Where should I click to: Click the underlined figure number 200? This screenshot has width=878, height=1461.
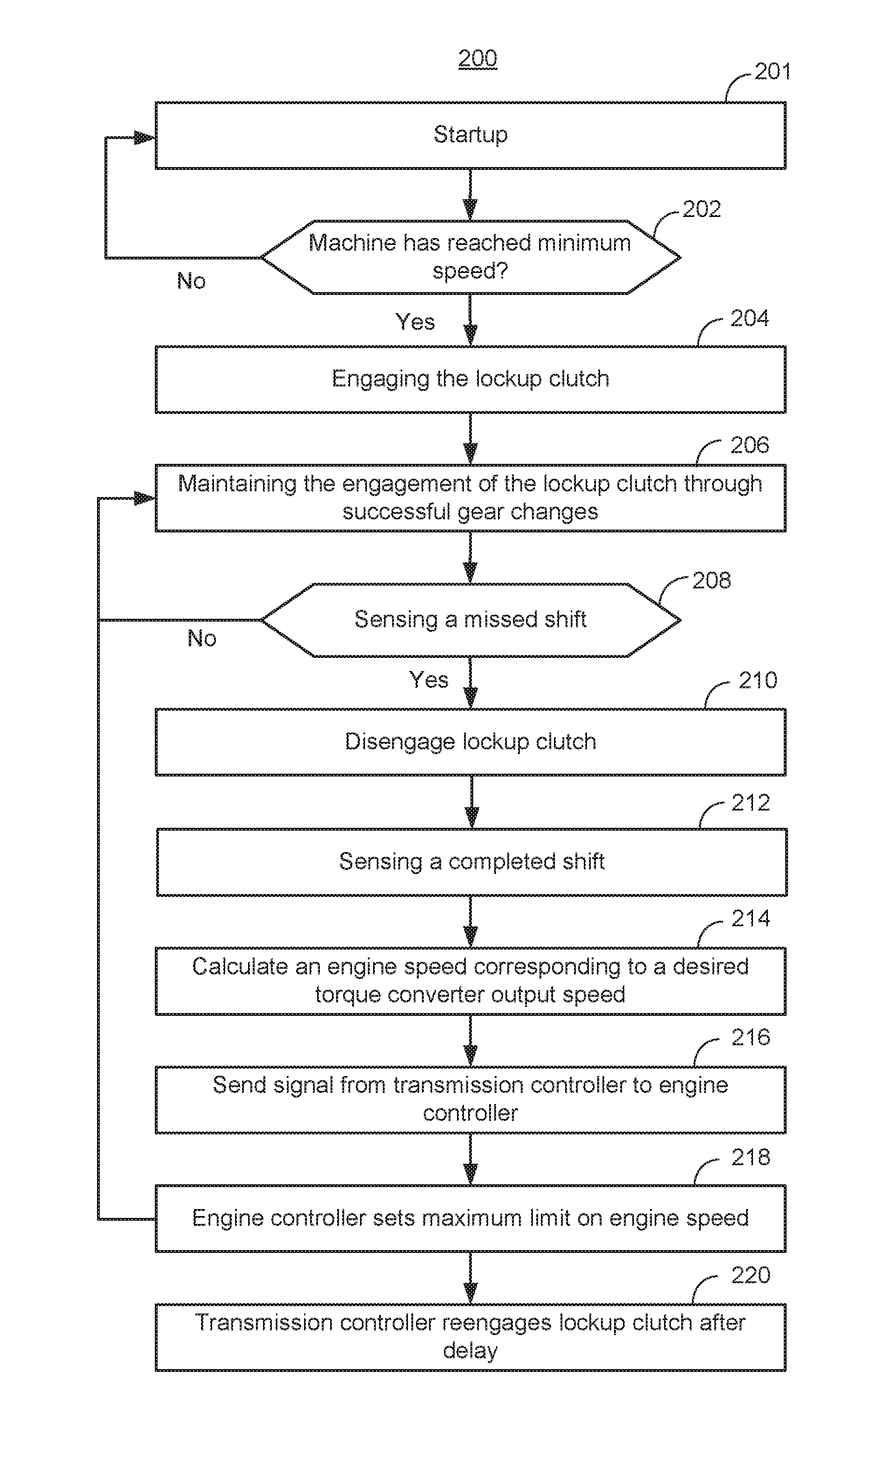pyautogui.click(x=477, y=58)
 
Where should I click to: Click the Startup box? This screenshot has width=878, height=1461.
pyautogui.click(x=470, y=136)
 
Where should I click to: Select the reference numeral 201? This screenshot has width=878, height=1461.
pyautogui.click(x=772, y=72)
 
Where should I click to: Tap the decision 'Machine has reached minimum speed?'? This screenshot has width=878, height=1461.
pyautogui.click(x=470, y=257)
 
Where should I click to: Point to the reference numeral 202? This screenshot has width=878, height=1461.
pyautogui.click(x=702, y=209)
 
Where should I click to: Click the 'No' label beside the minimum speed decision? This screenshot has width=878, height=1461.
pyautogui.click(x=191, y=280)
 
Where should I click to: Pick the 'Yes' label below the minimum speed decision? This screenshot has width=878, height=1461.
pyautogui.click(x=415, y=322)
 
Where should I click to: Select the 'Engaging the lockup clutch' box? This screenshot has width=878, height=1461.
pyautogui.click(x=470, y=379)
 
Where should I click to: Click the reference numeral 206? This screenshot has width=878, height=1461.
pyautogui.click(x=750, y=445)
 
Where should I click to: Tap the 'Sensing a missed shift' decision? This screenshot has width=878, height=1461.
pyautogui.click(x=470, y=620)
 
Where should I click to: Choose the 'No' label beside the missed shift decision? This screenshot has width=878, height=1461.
pyautogui.click(x=202, y=638)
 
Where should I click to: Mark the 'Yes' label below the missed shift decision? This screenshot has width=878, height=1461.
pyautogui.click(x=429, y=679)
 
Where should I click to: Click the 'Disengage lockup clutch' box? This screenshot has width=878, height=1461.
pyautogui.click(x=470, y=742)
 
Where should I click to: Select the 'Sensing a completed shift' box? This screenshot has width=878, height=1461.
pyautogui.click(x=471, y=862)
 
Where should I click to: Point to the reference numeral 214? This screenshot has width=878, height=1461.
pyautogui.click(x=751, y=919)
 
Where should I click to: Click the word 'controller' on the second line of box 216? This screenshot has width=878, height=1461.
pyautogui.click(x=470, y=1113)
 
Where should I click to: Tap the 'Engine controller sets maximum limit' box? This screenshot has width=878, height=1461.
pyautogui.click(x=470, y=1218)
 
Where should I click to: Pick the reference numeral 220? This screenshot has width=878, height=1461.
pyautogui.click(x=751, y=1275)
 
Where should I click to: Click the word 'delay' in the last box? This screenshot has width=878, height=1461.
pyautogui.click(x=470, y=1350)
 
